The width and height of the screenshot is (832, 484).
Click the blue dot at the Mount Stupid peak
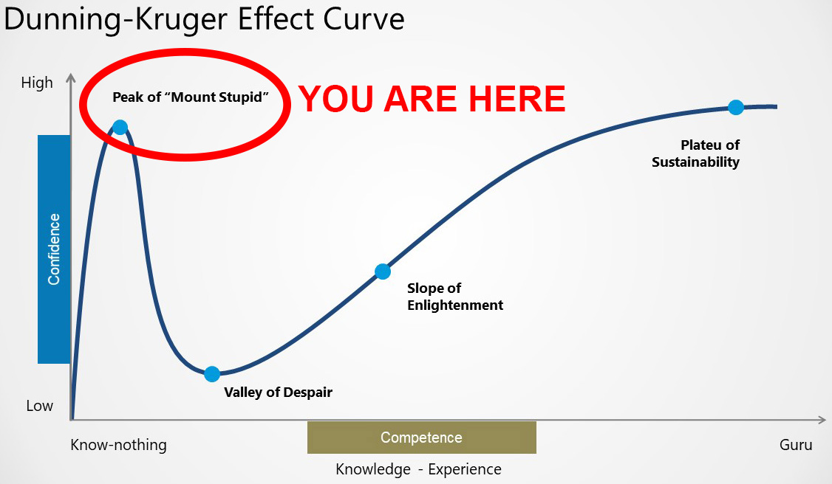[120, 127]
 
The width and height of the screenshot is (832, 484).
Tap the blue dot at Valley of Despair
[212, 374]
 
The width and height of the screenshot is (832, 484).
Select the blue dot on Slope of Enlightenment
[383, 271]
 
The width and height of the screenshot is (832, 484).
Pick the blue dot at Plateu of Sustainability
[735, 108]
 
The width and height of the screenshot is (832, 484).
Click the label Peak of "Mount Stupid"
[191, 97]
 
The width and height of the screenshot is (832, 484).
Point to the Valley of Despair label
[278, 393]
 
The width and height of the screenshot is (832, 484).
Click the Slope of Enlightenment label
[454, 297]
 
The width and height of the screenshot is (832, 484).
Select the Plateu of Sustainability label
[695, 153]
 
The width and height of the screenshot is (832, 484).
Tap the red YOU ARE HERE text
[432, 99]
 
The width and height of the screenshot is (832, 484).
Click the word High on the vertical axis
[37, 83]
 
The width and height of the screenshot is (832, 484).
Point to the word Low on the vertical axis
[40, 406]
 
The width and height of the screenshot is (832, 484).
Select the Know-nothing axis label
[118, 445]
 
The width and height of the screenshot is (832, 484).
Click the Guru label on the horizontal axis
[795, 445]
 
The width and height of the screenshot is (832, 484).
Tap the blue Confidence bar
[54, 249]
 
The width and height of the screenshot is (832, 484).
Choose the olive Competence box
[422, 438]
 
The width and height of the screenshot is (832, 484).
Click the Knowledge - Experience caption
[419, 469]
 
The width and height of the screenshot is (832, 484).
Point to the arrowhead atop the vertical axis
[71, 78]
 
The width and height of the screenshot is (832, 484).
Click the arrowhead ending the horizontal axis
[822, 420]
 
